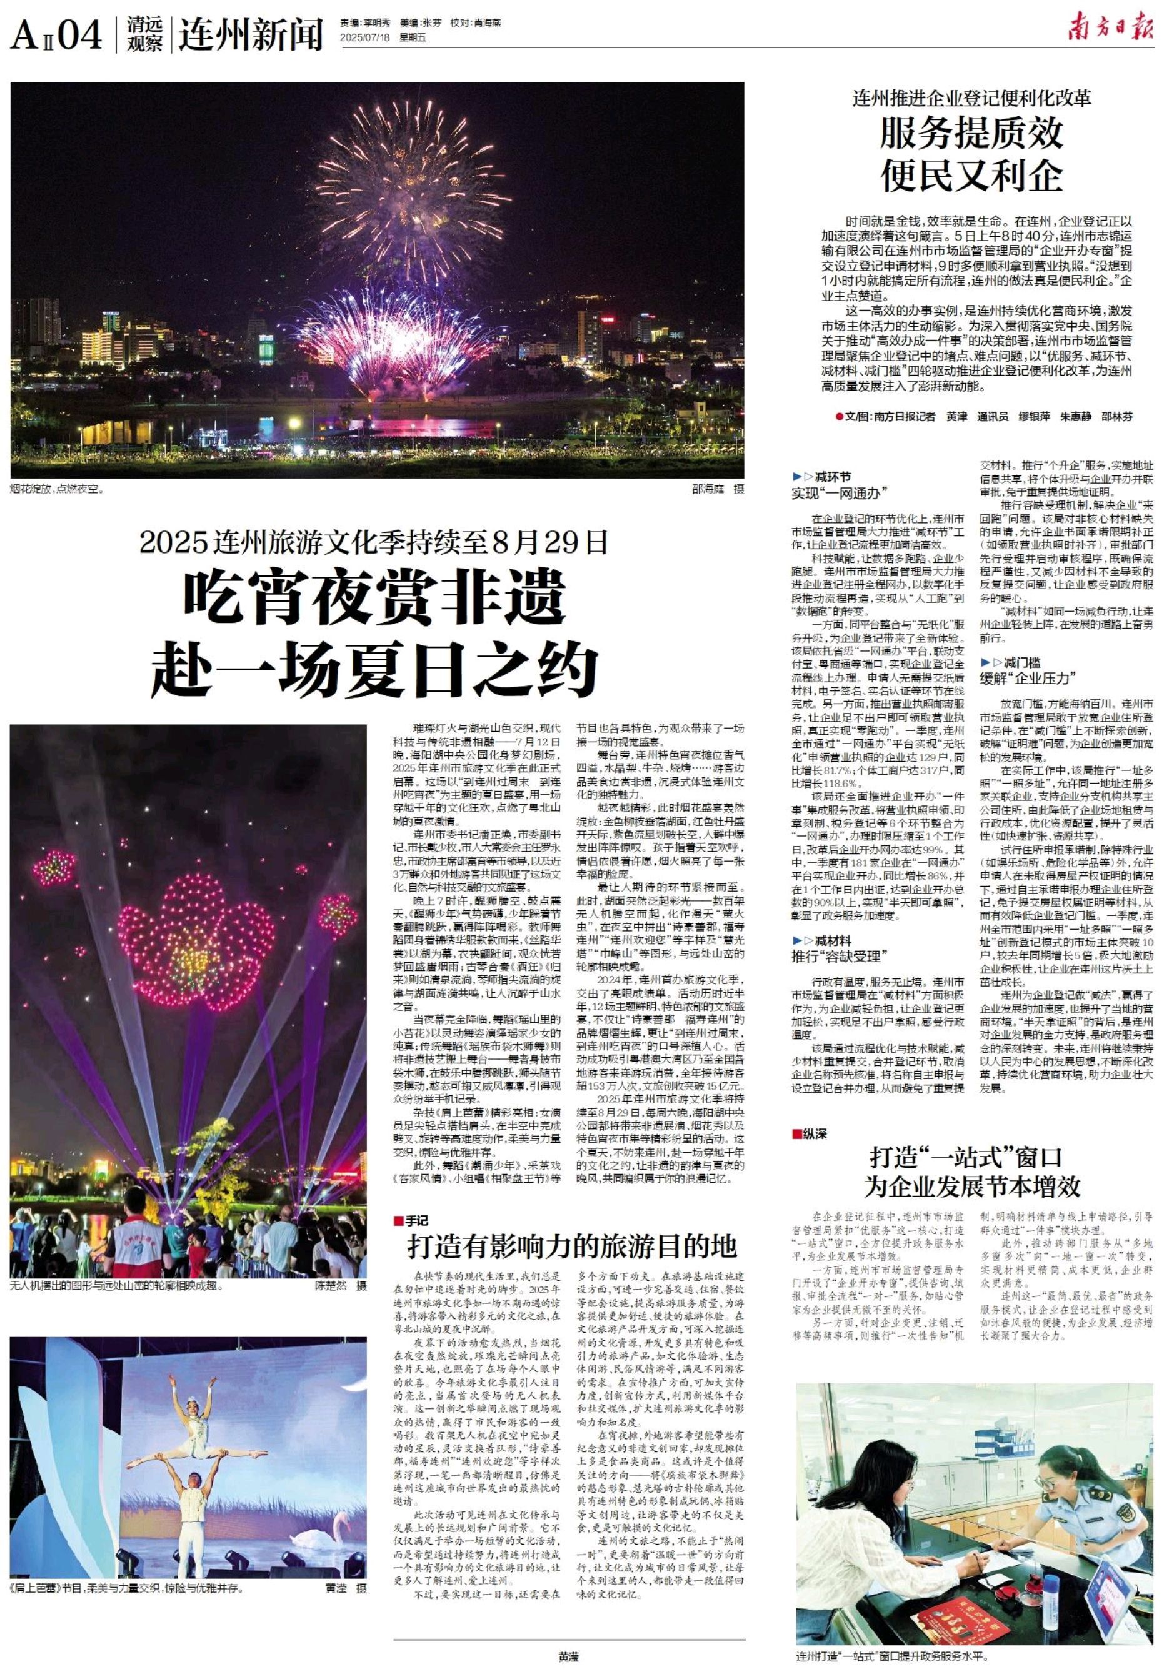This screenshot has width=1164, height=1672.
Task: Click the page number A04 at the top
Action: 56,34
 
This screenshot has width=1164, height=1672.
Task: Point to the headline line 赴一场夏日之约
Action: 374,666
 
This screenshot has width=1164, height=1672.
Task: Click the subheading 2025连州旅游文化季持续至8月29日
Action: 374,542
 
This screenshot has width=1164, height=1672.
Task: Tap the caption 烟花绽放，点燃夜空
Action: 58,490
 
